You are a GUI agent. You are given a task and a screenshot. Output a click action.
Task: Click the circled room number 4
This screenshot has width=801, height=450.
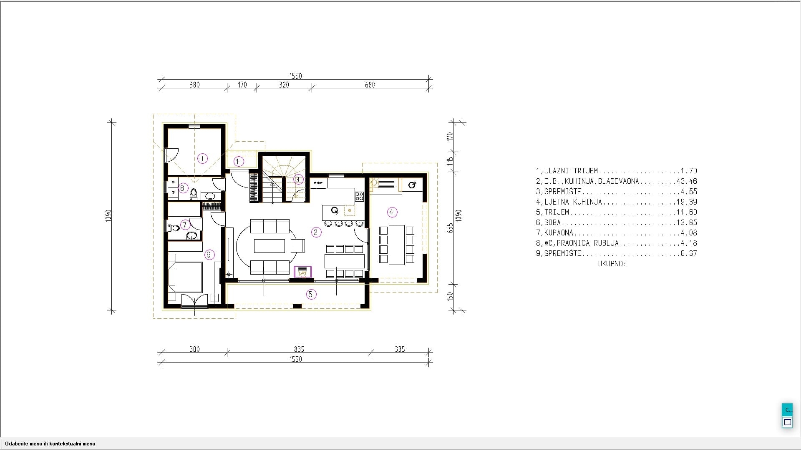[391, 212]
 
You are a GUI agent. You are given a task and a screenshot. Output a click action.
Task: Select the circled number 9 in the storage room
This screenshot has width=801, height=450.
[202, 158]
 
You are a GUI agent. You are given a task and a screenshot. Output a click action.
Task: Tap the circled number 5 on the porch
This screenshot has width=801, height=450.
[310, 295]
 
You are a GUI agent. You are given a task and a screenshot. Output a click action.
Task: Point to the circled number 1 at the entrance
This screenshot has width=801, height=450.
[238, 161]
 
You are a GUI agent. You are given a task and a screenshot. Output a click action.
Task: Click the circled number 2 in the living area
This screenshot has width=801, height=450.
[316, 232]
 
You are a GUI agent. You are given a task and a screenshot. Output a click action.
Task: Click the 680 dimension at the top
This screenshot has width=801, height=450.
[370, 85]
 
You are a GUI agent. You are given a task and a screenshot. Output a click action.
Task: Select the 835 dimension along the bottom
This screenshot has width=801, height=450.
[299, 349]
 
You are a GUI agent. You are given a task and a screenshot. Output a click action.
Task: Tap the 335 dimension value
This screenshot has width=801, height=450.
[400, 349]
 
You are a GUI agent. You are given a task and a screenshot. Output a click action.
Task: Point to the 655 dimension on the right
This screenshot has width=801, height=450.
[450, 228]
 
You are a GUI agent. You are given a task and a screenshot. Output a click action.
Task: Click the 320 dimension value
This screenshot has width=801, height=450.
[284, 85]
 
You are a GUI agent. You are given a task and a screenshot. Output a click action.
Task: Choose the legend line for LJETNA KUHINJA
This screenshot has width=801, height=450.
[617, 202]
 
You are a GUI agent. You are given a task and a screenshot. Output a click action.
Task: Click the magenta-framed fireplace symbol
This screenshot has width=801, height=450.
[303, 272]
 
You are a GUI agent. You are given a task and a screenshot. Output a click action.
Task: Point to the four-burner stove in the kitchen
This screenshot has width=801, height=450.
[360, 196]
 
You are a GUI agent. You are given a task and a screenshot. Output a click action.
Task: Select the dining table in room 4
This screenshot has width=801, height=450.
[397, 245]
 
